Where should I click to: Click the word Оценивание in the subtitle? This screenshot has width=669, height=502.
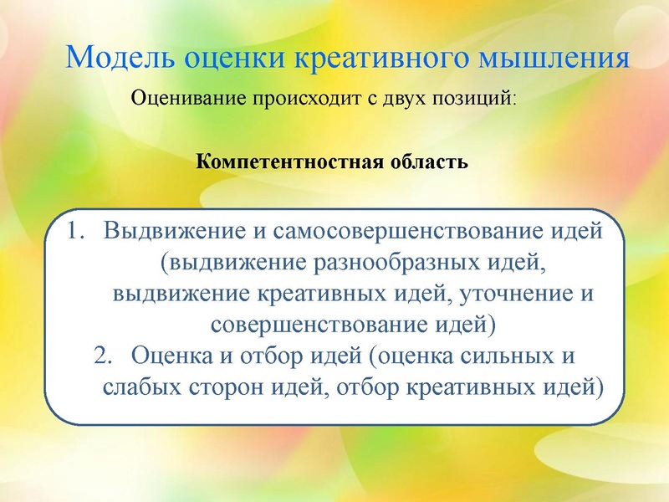(x=185, y=100)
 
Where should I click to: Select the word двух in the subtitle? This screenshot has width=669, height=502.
(x=402, y=100)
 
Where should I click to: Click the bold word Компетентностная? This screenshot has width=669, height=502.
(x=290, y=160)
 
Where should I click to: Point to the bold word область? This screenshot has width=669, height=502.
(x=429, y=160)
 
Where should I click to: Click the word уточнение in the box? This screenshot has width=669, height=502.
(x=481, y=294)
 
